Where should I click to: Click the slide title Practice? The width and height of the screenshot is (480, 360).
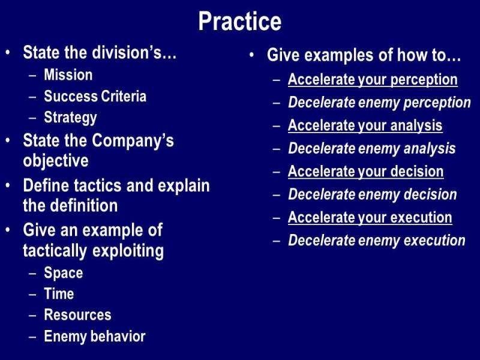(x=239, y=22)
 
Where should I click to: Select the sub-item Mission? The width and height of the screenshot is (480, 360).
(x=68, y=74)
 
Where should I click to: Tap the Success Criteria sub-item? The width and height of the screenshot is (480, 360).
(x=95, y=96)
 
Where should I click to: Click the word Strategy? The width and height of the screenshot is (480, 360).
(x=70, y=118)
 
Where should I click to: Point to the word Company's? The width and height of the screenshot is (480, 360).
(x=133, y=141)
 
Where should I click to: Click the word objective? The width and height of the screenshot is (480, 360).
(x=56, y=161)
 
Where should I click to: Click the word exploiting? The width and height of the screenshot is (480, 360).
(x=128, y=251)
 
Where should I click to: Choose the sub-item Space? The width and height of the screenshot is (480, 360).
(x=64, y=273)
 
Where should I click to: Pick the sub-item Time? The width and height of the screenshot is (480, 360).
(x=59, y=294)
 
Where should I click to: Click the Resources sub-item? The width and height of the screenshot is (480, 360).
(x=78, y=315)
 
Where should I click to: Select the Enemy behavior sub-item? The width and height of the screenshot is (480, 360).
(x=95, y=337)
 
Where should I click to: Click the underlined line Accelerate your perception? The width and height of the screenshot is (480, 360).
(x=373, y=80)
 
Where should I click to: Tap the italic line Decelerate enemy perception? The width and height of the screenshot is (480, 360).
(x=379, y=103)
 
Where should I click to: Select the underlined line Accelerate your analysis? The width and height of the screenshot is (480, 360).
(x=365, y=126)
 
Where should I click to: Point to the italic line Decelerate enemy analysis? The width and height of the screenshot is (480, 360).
(x=371, y=149)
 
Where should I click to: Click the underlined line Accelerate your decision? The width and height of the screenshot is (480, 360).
(x=366, y=171)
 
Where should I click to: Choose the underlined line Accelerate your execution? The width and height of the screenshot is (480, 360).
(x=370, y=218)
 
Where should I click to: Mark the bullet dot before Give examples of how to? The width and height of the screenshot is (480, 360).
(x=251, y=55)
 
